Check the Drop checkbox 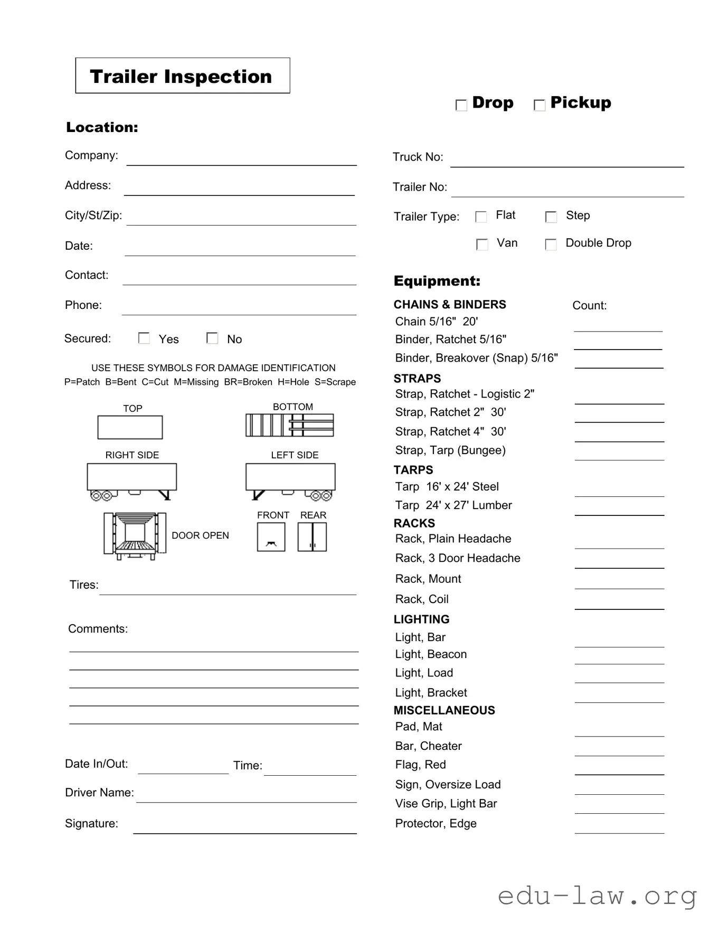click(461, 105)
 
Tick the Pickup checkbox click(539, 105)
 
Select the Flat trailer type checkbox click(481, 217)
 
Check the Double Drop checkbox click(551, 244)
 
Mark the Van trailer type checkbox click(481, 244)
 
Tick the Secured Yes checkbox click(144, 338)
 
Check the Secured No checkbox click(212, 338)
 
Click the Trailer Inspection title click(181, 77)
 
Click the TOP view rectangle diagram click(130, 427)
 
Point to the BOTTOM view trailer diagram click(290, 425)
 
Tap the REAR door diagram click(312, 537)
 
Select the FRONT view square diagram click(271, 537)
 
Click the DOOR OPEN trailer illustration click(135, 535)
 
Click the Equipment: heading click(437, 281)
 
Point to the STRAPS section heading click(417, 379)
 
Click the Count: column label click(589, 305)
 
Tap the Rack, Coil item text click(422, 599)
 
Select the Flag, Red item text click(420, 765)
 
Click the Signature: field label click(91, 823)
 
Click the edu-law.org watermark click(597, 896)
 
